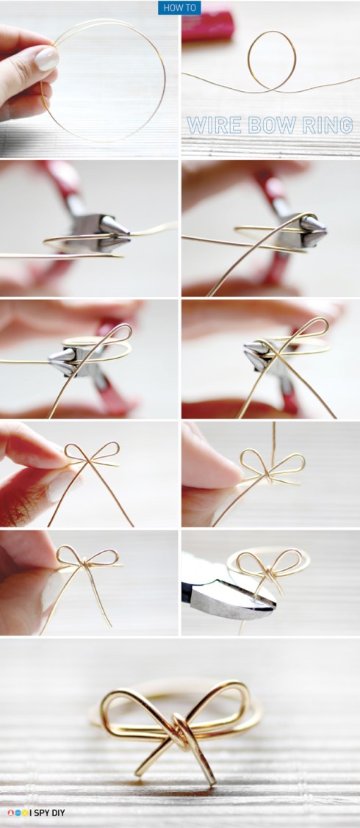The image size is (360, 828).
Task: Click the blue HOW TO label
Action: pyautogui.click(x=179, y=7)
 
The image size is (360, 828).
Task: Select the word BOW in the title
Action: pyautogui.click(x=265, y=124)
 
